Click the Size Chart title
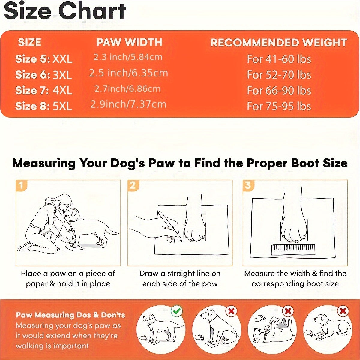pyautogui.click(x=65, y=11)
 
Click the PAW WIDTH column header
pyautogui.click(x=129, y=42)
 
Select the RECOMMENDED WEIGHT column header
pyautogui.click(x=279, y=43)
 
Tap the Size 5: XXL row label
pyautogui.click(x=44, y=59)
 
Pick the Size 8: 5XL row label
pyautogui.click(x=44, y=106)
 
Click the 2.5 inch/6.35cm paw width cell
pyautogui.click(x=128, y=73)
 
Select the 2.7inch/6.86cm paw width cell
pyautogui.click(x=127, y=89)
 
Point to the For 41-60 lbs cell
pyautogui.click(x=279, y=59)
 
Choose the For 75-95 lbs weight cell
pyautogui.click(x=279, y=106)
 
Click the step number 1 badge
pyautogui.click(x=21, y=185)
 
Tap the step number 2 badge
pyautogui.click(x=133, y=185)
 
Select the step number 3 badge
pyautogui.click(x=248, y=185)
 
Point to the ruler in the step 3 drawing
pyautogui.click(x=293, y=250)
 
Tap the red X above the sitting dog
pyautogui.click(x=231, y=311)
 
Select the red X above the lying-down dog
pyautogui.click(x=342, y=311)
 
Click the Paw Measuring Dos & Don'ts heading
pyautogui.click(x=70, y=315)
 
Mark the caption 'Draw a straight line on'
pyautogui.click(x=180, y=274)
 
